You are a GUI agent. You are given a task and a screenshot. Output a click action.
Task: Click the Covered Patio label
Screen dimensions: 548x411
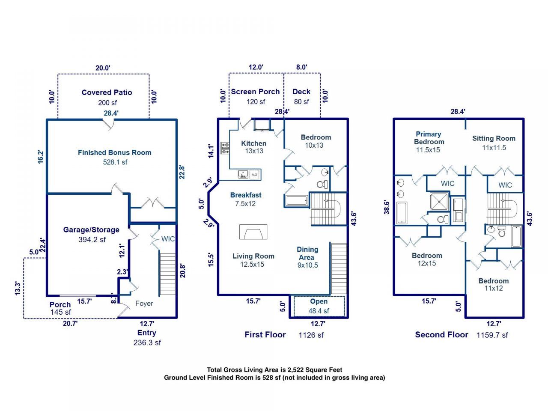[107, 92]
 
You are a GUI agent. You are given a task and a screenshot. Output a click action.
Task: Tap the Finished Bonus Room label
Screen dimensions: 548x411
[115, 152]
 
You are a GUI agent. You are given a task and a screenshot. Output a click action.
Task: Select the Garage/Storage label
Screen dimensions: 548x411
[91, 230]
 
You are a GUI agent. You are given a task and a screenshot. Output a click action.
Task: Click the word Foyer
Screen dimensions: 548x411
[144, 304]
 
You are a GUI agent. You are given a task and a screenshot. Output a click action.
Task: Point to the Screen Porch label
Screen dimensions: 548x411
[255, 92]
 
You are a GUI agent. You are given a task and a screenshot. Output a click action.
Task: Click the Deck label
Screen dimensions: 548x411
[301, 92]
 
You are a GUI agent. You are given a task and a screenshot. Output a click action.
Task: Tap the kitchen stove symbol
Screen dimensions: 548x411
[225, 148]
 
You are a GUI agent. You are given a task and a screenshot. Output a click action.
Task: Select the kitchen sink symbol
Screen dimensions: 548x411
[243, 174]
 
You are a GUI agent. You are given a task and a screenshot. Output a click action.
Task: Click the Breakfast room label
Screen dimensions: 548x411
[246, 195]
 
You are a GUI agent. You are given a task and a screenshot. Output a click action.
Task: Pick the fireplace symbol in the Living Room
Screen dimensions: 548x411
[253, 232]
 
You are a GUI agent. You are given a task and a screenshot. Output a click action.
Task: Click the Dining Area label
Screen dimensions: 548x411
[307, 253]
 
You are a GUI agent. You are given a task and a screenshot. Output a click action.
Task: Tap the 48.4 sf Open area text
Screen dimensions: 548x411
[319, 311]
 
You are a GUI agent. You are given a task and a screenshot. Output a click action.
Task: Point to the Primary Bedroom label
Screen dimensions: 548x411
[429, 138]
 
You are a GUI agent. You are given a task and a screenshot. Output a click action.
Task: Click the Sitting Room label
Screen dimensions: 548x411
[494, 138]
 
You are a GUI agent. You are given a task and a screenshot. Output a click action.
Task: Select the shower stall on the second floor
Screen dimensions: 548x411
[439, 201]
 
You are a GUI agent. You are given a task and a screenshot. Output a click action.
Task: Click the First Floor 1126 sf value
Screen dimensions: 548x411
[311, 335]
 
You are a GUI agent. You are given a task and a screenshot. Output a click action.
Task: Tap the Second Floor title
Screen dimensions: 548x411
[441, 335]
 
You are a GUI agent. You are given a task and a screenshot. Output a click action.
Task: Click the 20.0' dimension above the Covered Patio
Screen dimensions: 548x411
[103, 68]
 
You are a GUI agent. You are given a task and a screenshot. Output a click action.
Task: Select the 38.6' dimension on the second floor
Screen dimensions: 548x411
[387, 207]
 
